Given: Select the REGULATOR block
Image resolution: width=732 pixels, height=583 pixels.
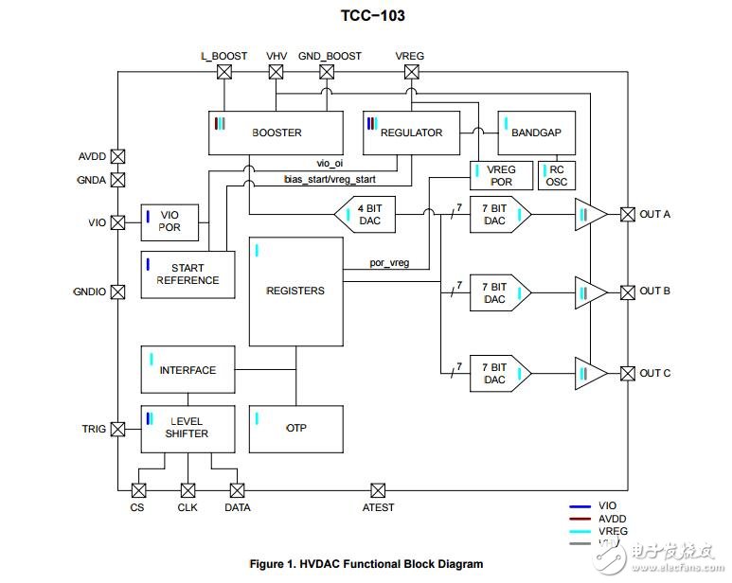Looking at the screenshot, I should (x=411, y=133).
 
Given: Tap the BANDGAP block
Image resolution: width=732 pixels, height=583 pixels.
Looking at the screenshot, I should (x=536, y=133).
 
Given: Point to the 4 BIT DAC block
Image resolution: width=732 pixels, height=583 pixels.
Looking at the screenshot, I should (x=366, y=214).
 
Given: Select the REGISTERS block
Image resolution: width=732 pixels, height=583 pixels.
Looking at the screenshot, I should (x=295, y=291).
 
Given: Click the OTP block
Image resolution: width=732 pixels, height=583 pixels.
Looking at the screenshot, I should (x=295, y=429).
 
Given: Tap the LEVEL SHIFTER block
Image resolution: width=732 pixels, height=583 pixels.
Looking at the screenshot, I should (x=187, y=429).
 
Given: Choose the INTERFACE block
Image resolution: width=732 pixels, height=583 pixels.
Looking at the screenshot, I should (x=187, y=370).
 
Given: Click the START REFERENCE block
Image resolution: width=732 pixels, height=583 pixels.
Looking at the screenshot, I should (x=187, y=274).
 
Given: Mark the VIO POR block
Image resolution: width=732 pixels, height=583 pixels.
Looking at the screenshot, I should (x=170, y=222).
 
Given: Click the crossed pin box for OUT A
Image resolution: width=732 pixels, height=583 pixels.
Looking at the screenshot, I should (x=627, y=214).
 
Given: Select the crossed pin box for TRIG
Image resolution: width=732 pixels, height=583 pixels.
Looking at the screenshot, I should (x=117, y=429).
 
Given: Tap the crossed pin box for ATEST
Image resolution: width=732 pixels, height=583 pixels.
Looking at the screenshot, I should (x=378, y=490).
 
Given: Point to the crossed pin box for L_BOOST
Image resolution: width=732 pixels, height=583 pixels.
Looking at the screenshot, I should (x=224, y=72).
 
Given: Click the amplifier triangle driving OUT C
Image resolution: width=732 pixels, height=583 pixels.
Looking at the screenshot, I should (x=590, y=374).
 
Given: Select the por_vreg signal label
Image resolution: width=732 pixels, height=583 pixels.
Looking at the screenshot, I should (x=389, y=263).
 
